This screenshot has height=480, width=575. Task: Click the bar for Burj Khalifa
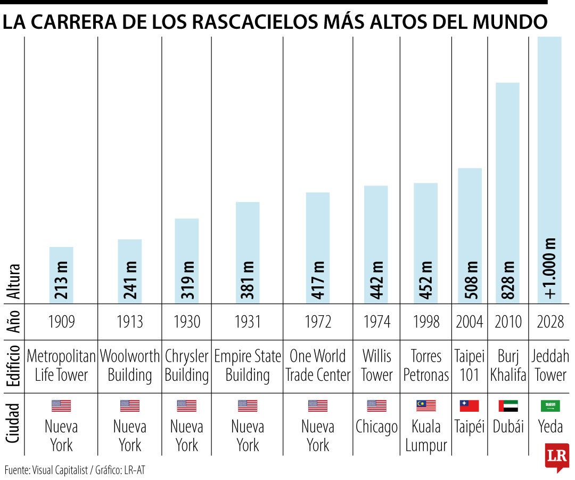click(x=507, y=193)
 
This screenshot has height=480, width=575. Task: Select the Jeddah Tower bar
click(x=549, y=170)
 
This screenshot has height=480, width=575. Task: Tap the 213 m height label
click(x=61, y=280)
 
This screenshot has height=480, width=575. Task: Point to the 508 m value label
click(x=470, y=280)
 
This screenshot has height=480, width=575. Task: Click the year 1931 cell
click(x=248, y=322)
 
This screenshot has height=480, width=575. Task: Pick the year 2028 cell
click(x=550, y=322)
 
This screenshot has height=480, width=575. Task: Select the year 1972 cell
click(x=318, y=322)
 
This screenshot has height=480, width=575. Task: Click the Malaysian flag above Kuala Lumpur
click(x=426, y=406)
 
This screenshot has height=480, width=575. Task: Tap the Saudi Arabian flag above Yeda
click(x=550, y=406)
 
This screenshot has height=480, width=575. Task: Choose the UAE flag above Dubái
click(x=508, y=406)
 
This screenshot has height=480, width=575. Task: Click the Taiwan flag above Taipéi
click(x=470, y=406)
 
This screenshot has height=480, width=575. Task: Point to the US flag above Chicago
click(x=376, y=406)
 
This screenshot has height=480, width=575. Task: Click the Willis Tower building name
click(x=376, y=366)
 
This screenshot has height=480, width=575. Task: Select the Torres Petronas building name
click(x=426, y=366)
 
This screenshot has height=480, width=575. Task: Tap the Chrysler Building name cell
click(x=187, y=366)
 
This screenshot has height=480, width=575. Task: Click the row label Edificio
click(x=13, y=366)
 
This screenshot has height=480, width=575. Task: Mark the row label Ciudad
click(x=13, y=423)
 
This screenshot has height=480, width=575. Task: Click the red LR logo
click(x=557, y=457)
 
